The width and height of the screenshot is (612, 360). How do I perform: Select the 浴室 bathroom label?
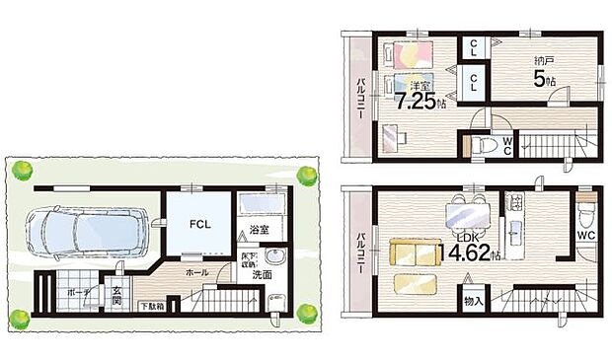pos(260,229)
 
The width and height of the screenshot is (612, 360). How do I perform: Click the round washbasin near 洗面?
pos(275,260)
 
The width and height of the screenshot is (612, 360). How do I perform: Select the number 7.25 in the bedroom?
pos(414,101)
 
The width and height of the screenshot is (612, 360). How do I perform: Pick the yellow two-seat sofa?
pos(414,253)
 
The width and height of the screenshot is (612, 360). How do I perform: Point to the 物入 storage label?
pos(472,299)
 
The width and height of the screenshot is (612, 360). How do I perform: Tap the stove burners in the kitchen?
pos(514,203)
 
